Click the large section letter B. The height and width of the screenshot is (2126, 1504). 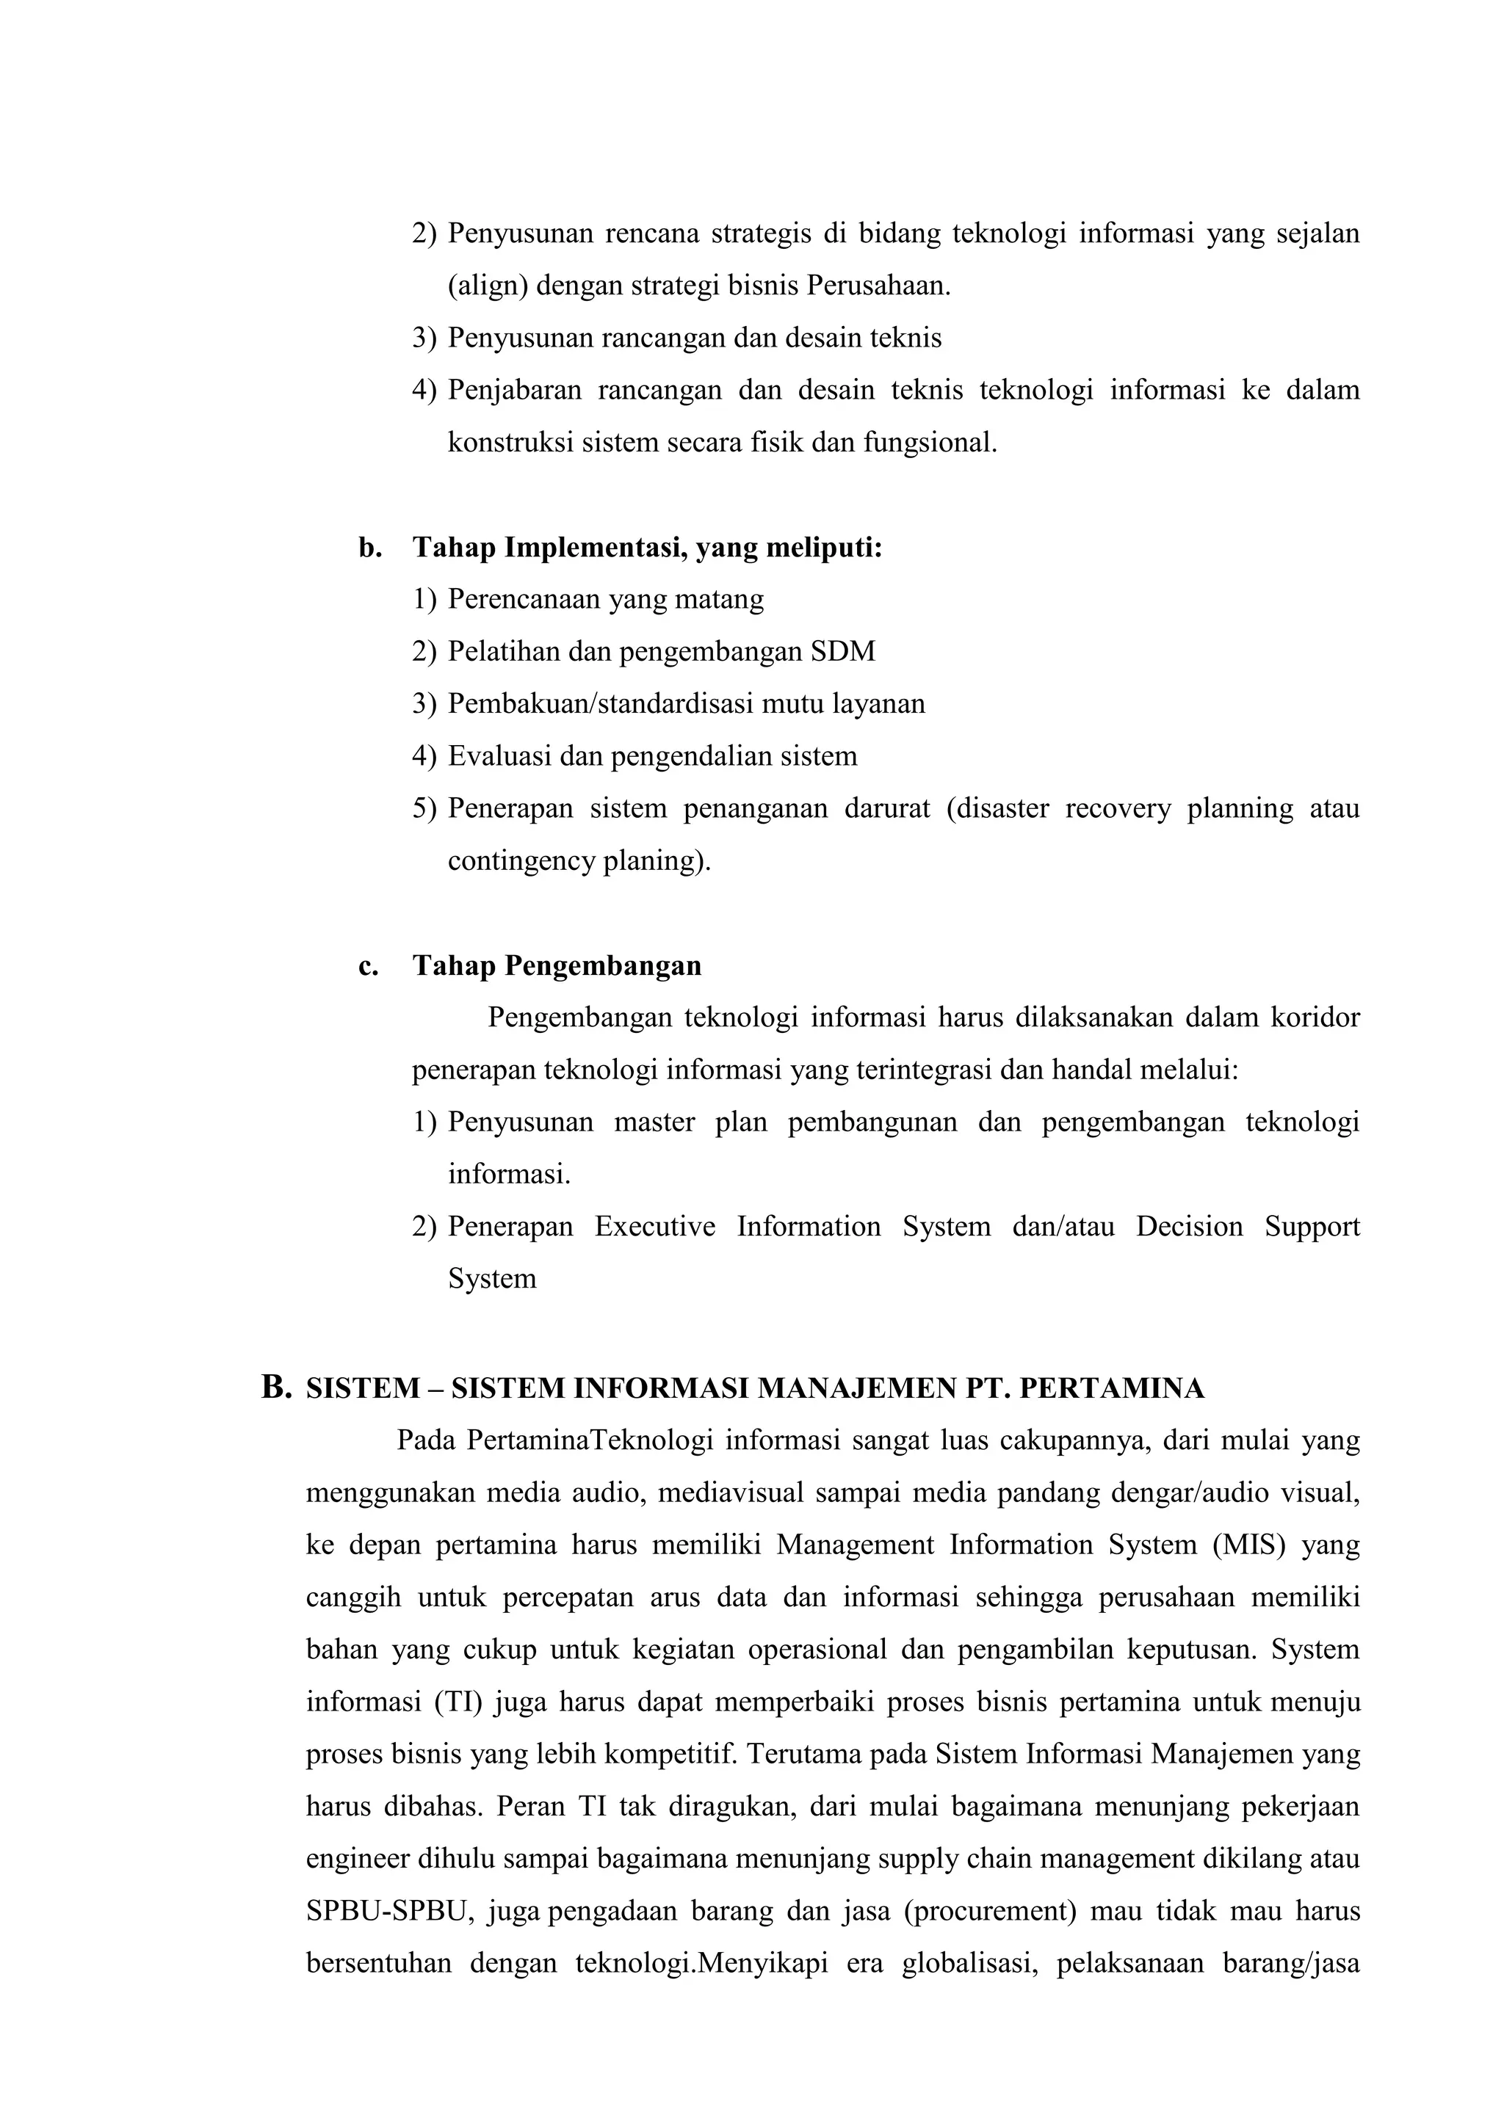276,1386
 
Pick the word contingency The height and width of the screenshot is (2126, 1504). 521,860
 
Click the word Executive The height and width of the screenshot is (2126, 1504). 655,1226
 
